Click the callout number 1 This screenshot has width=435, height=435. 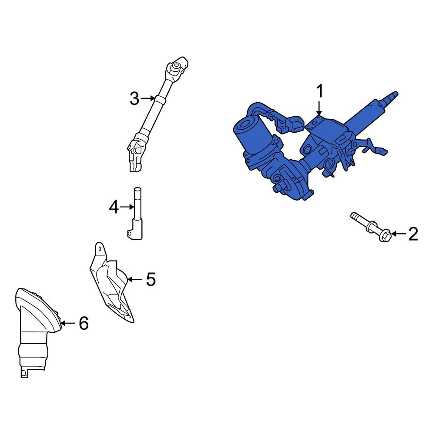[320, 91]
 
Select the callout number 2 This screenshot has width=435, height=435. [413, 234]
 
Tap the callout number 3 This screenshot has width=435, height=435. [134, 98]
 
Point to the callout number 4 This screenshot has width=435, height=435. [114, 207]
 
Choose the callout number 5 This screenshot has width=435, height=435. [151, 279]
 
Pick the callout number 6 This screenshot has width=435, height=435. [84, 323]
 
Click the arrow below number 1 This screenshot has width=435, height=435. [319, 108]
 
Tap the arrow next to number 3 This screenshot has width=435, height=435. [148, 98]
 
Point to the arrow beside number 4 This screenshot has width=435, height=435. [127, 207]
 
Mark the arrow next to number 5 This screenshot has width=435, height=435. [135, 279]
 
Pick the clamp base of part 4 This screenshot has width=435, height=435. [135, 229]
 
